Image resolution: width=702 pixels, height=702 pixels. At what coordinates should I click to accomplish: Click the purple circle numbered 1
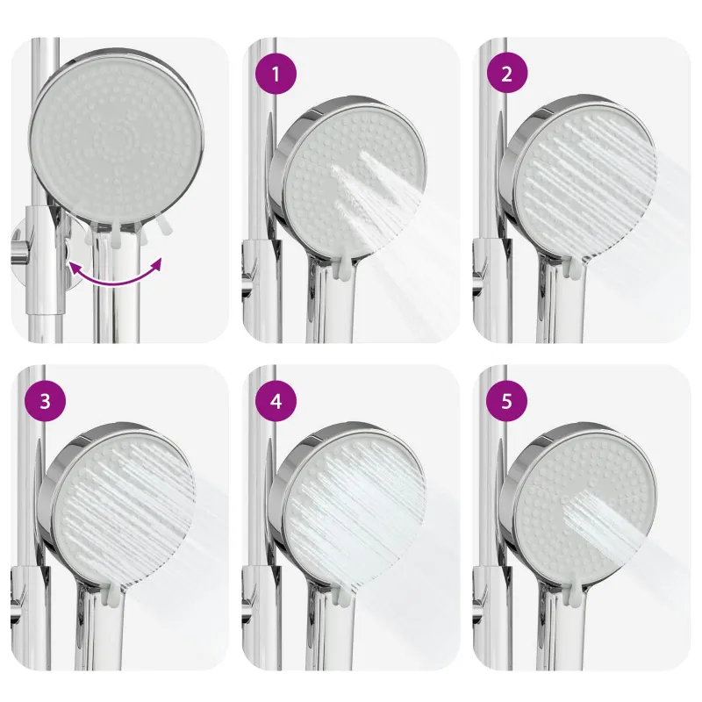[276, 74]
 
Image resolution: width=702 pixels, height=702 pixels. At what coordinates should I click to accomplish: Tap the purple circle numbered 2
[507, 73]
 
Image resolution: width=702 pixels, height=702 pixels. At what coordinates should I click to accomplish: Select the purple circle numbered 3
[46, 401]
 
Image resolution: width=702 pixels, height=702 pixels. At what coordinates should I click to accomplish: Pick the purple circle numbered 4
[276, 401]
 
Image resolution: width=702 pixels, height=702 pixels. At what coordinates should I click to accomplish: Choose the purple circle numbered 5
[507, 401]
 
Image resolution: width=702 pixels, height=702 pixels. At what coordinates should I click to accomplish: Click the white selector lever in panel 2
[575, 268]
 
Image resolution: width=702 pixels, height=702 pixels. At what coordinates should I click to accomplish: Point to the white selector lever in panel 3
[112, 596]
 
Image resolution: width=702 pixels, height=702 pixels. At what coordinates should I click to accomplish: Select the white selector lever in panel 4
[343, 597]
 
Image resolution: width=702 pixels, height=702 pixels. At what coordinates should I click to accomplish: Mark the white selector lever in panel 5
[575, 596]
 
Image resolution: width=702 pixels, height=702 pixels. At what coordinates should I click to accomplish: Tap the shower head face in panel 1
[355, 183]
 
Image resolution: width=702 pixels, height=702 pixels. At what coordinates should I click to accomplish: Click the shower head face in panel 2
[585, 183]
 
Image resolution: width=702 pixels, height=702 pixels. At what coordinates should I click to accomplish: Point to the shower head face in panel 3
[124, 510]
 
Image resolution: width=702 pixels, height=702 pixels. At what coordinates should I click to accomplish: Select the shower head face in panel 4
[355, 511]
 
